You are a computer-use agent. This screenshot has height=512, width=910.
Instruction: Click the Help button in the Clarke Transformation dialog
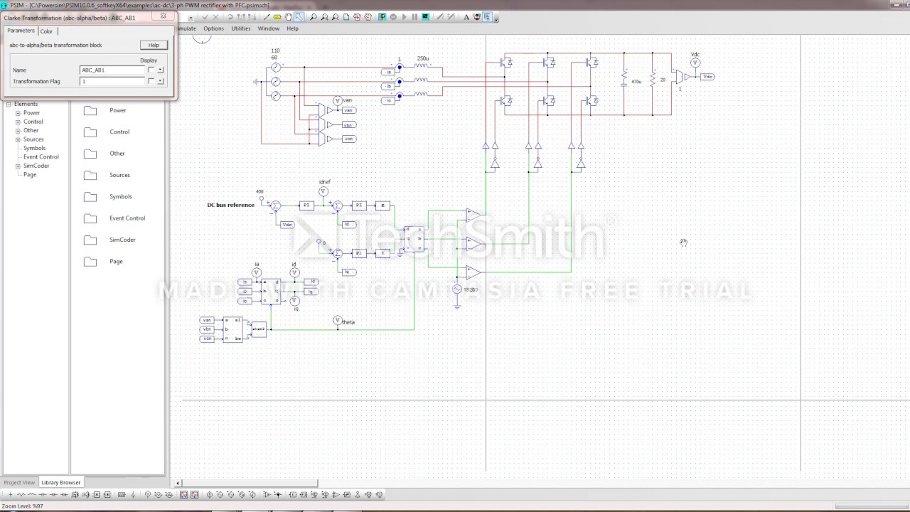click(x=154, y=45)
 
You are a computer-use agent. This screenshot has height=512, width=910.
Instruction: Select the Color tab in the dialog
click(x=46, y=31)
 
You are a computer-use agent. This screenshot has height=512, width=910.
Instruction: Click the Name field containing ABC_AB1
click(x=112, y=70)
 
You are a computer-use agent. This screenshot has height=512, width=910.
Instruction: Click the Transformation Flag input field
click(x=112, y=82)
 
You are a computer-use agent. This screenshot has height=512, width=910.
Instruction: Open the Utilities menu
click(x=241, y=28)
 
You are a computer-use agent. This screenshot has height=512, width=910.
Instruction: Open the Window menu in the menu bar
click(x=268, y=28)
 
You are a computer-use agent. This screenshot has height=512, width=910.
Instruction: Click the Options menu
click(x=213, y=28)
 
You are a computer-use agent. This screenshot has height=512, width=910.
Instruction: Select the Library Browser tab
click(x=61, y=482)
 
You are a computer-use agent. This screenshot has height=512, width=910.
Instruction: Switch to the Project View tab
click(x=19, y=482)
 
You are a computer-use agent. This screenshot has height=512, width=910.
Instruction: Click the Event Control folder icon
click(x=90, y=218)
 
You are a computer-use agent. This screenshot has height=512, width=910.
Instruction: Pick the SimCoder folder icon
click(x=90, y=240)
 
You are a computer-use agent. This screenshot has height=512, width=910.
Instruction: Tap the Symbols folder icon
click(x=90, y=197)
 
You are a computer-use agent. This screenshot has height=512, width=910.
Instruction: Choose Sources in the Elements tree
click(x=33, y=139)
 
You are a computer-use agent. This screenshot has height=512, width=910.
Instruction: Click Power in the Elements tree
click(x=31, y=113)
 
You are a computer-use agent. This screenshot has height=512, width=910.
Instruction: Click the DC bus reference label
click(x=230, y=205)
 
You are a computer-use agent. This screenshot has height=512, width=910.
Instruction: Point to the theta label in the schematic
click(x=348, y=322)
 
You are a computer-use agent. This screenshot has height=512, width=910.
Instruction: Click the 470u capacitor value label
click(x=636, y=82)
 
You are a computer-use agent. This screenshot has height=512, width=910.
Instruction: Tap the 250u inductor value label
click(x=423, y=58)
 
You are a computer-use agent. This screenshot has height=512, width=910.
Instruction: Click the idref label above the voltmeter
click(x=325, y=183)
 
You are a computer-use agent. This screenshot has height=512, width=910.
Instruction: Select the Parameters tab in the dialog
click(x=21, y=31)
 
